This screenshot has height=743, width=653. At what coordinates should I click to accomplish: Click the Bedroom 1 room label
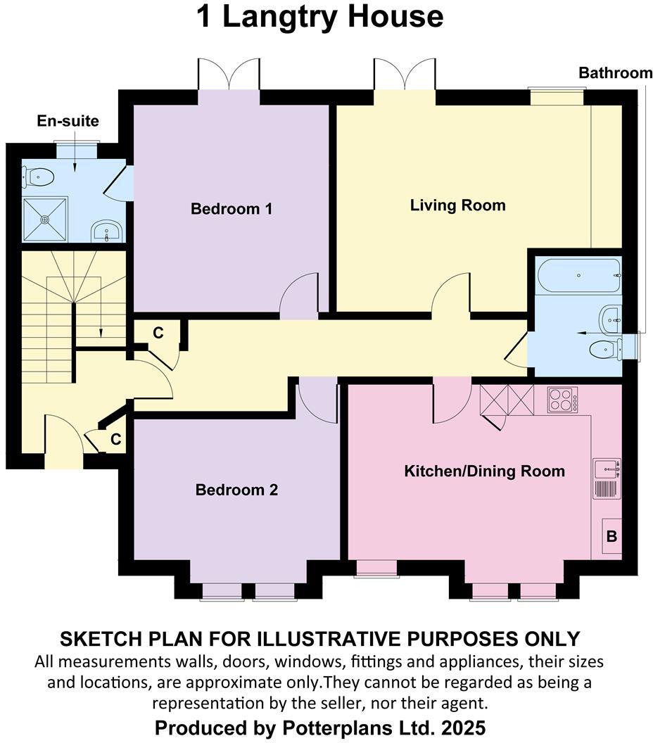(232, 209)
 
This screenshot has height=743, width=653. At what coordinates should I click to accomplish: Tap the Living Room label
(457, 205)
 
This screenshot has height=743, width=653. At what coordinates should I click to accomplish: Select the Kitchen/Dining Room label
(484, 471)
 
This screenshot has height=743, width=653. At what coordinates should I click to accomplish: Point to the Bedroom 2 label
(236, 490)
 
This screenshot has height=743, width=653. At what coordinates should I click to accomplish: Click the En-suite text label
(68, 121)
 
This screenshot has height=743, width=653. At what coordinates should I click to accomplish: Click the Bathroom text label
(615, 72)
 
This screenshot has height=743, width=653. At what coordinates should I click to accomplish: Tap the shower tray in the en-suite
(46, 219)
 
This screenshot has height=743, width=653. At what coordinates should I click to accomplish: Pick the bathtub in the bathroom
(578, 275)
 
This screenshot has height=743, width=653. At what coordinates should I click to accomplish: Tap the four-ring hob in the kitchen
(562, 400)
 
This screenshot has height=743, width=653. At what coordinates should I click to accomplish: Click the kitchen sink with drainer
(607, 478)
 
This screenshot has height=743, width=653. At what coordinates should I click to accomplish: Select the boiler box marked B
(611, 537)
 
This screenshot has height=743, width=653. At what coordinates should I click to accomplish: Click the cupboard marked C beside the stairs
(158, 334)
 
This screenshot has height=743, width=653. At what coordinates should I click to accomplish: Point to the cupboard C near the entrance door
(116, 440)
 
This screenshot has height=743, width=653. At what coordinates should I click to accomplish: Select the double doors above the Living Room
(404, 74)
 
